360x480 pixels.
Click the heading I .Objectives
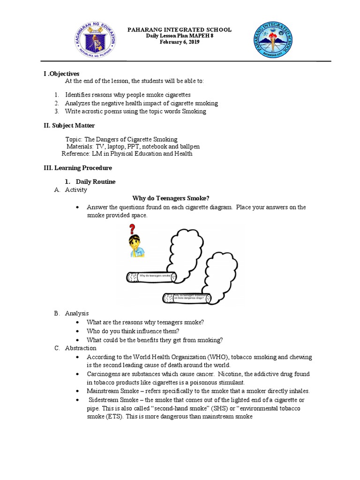61,74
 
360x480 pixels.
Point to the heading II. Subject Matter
69,125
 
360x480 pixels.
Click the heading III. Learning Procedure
78,167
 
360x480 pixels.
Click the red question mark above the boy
133,229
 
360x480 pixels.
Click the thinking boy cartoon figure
136,246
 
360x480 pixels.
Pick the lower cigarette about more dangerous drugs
187,297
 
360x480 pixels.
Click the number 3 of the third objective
56,111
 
